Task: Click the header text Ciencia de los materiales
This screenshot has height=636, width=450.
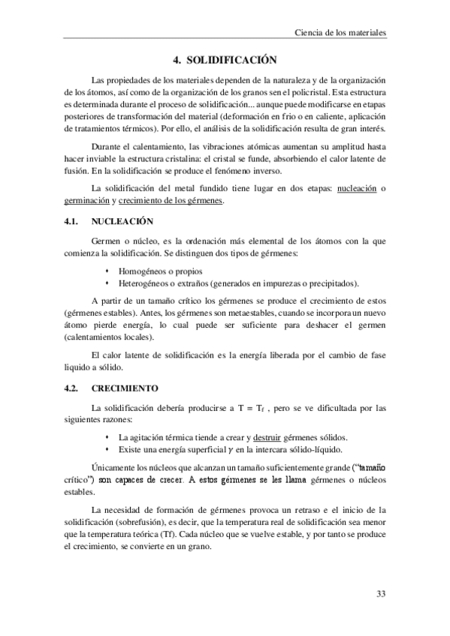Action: click(340, 33)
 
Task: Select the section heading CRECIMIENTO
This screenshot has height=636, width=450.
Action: click(125, 388)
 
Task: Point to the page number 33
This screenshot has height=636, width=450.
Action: click(381, 595)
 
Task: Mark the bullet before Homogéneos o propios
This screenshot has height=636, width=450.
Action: click(108, 271)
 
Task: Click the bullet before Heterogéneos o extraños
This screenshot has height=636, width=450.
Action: click(108, 283)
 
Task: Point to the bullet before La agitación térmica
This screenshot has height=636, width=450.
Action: click(108, 437)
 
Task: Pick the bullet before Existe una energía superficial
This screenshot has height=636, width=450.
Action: click(108, 449)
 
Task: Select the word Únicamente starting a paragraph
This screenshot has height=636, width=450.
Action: click(113, 469)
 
